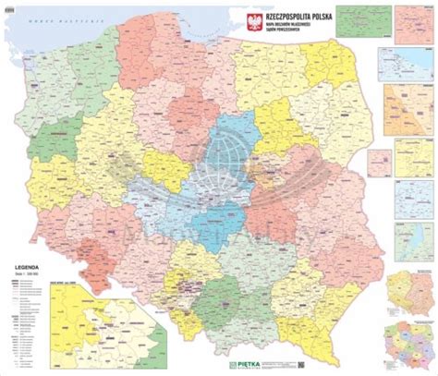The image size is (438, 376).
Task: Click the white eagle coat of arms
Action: tap(233, 20)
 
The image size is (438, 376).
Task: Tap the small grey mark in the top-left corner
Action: tap(6, 6)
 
